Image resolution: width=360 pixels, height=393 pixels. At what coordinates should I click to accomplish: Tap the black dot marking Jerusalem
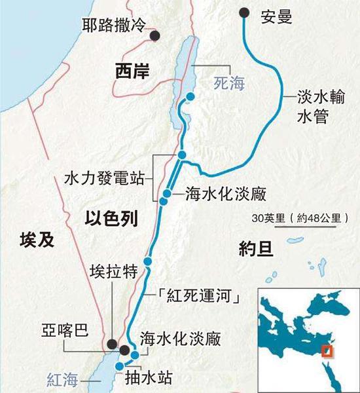[156, 36]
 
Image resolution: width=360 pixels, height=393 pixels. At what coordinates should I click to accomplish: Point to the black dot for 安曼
[245, 11]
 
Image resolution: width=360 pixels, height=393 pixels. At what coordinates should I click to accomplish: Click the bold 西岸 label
[132, 70]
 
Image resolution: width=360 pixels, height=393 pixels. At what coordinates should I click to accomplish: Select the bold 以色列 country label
[111, 219]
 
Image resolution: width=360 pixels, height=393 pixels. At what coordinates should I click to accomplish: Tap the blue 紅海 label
[65, 379]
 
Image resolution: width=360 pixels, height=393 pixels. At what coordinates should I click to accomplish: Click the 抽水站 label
[160, 378]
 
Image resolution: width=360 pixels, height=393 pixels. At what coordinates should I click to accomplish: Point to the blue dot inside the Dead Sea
[190, 97]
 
